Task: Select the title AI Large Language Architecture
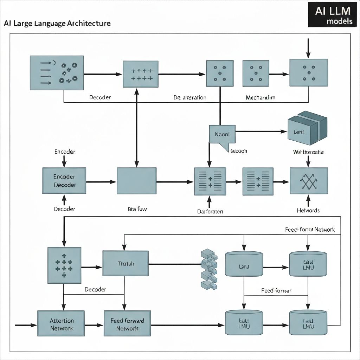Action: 57,24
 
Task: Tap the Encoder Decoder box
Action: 64,180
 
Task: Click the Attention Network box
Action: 62,324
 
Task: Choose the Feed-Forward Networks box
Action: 127,324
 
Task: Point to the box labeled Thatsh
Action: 126,263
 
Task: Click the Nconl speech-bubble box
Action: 222,134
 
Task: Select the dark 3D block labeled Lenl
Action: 307,129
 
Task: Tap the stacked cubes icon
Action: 208,269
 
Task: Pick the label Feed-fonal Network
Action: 309,230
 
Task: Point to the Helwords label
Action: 308,210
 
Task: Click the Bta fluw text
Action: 137,209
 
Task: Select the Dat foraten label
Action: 210,211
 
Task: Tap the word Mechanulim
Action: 260,97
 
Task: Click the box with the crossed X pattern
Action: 309,181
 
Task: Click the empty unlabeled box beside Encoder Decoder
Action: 136,181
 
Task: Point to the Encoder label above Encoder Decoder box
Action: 65,152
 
